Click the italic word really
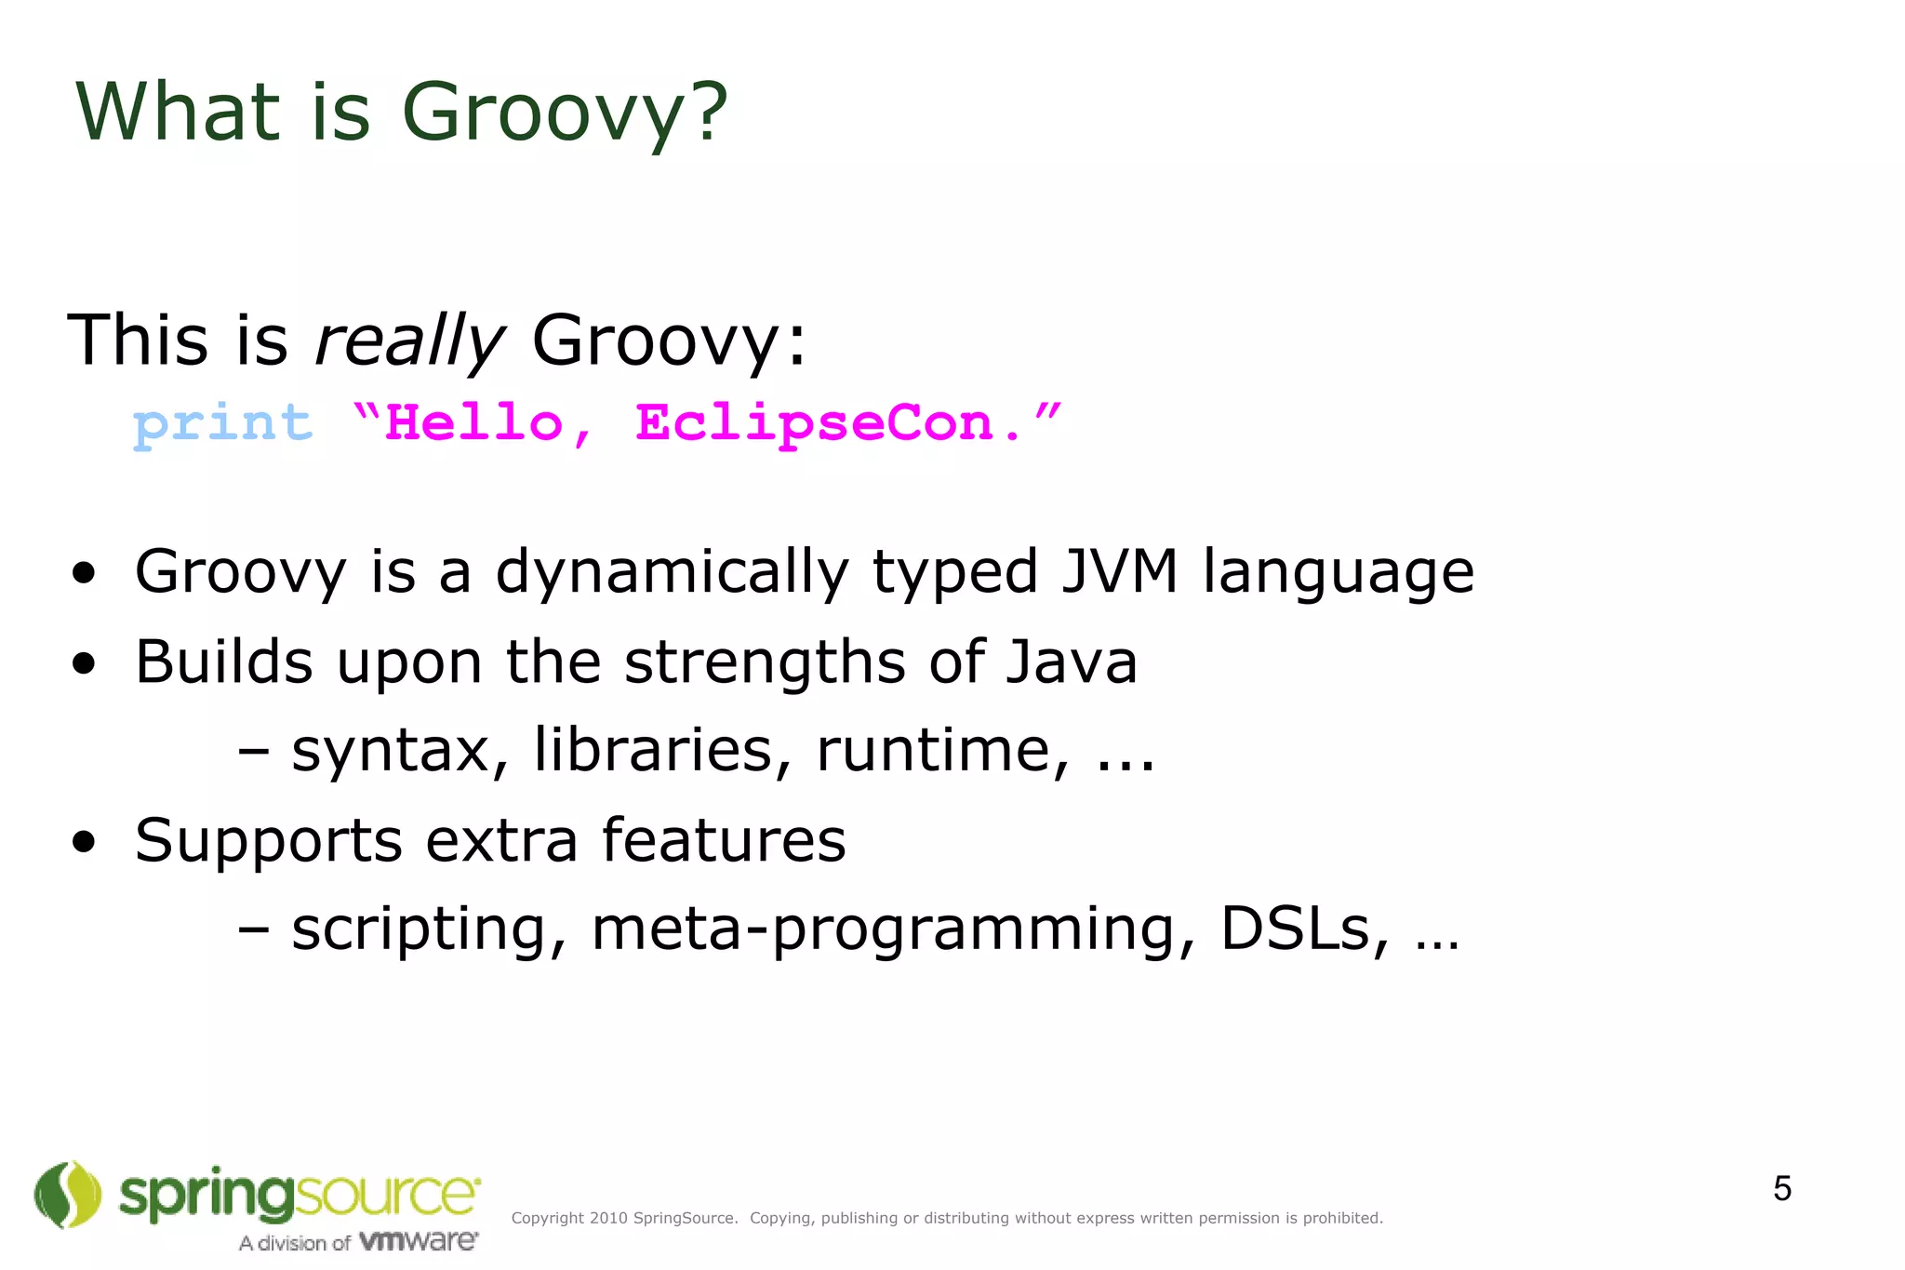[x=409, y=341]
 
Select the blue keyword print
[x=222, y=424]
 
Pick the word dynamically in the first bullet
[x=672, y=573]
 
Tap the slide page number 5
[x=1781, y=1189]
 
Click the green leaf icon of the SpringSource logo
[x=67, y=1194]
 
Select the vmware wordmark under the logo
[x=418, y=1241]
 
